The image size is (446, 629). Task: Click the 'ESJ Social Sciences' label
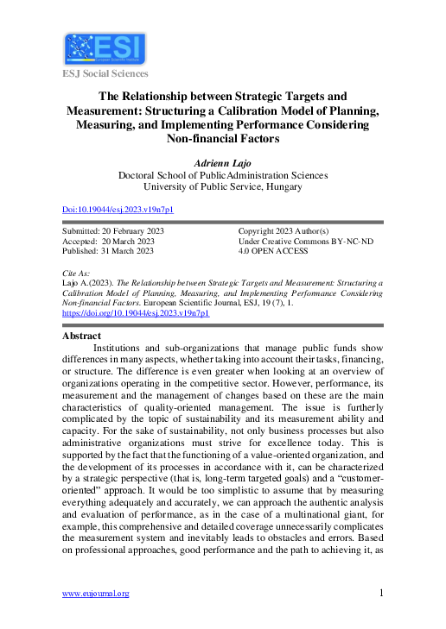coord(105,73)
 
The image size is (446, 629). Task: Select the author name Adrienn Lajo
coord(223,161)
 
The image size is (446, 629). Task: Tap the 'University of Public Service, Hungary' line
coord(223,186)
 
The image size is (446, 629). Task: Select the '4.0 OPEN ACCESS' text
coord(273,252)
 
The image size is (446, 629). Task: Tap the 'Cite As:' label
coord(78,273)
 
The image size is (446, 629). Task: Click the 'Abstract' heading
coord(82,336)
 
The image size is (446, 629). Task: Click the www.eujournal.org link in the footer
coord(95,594)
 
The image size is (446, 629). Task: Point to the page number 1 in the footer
coord(381,593)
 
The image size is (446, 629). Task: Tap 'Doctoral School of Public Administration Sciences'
coord(223,173)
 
